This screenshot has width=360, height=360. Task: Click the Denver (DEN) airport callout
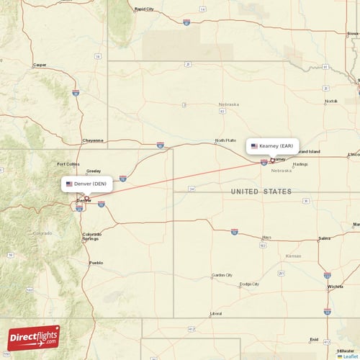pyautogui.click(x=86, y=184)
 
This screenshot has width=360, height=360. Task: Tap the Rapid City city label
pyautogui.click(x=144, y=9)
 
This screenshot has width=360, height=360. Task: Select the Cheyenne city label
pyautogui.click(x=93, y=140)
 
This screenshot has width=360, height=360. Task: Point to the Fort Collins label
pyautogui.click(x=68, y=164)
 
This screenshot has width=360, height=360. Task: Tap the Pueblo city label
pyautogui.click(x=96, y=263)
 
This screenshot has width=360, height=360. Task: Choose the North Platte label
pyautogui.click(x=225, y=140)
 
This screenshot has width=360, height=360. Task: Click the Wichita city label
pyautogui.click(x=335, y=287)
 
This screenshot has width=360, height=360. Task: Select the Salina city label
pyautogui.click(x=324, y=238)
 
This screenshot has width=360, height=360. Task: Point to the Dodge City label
pyautogui.click(x=249, y=284)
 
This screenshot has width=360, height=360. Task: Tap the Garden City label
pyautogui.click(x=222, y=275)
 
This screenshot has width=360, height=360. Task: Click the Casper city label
pyautogui.click(x=40, y=65)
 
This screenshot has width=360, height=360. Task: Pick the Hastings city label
pyautogui.click(x=300, y=164)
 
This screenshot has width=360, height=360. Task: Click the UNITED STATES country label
pyautogui.click(x=261, y=192)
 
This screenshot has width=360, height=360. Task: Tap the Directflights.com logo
pyautogui.click(x=34, y=337)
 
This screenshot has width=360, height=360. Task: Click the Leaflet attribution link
pyautogui.click(x=349, y=356)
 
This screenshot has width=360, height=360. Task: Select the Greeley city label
pyautogui.click(x=94, y=171)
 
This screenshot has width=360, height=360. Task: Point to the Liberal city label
pyautogui.click(x=216, y=314)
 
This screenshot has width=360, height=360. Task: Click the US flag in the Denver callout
pyautogui.click(x=69, y=184)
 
